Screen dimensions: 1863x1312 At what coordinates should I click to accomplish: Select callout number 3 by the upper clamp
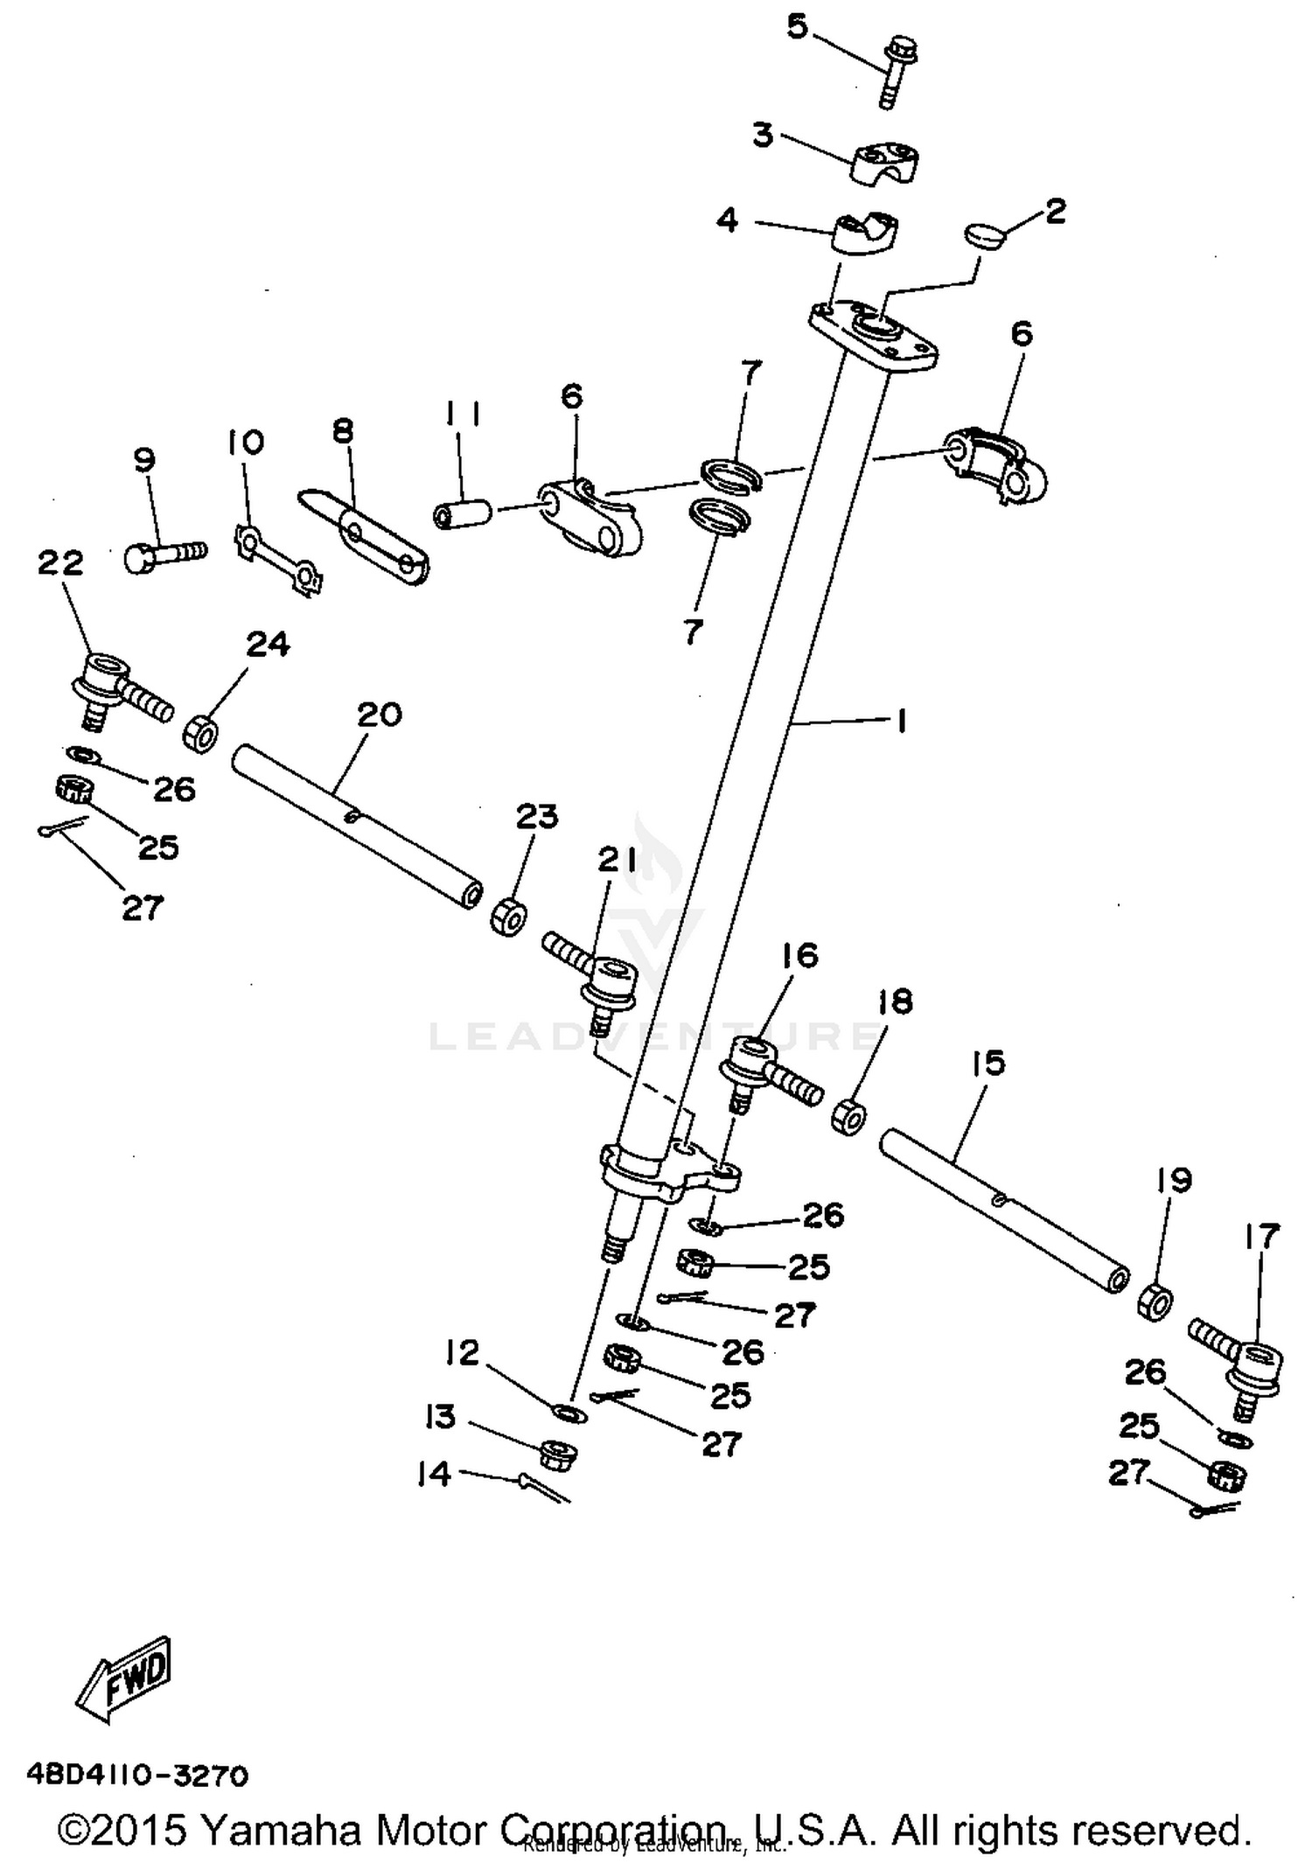(763, 136)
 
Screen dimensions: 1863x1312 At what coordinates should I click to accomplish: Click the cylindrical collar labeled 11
(464, 513)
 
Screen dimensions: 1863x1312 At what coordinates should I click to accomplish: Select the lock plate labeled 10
(278, 560)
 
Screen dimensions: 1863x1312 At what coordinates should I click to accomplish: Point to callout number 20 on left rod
(379, 714)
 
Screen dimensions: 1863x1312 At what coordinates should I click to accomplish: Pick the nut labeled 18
(848, 1117)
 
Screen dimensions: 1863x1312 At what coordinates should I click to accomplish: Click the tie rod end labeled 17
(1242, 1364)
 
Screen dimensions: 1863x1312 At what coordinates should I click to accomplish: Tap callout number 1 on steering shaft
(900, 721)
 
